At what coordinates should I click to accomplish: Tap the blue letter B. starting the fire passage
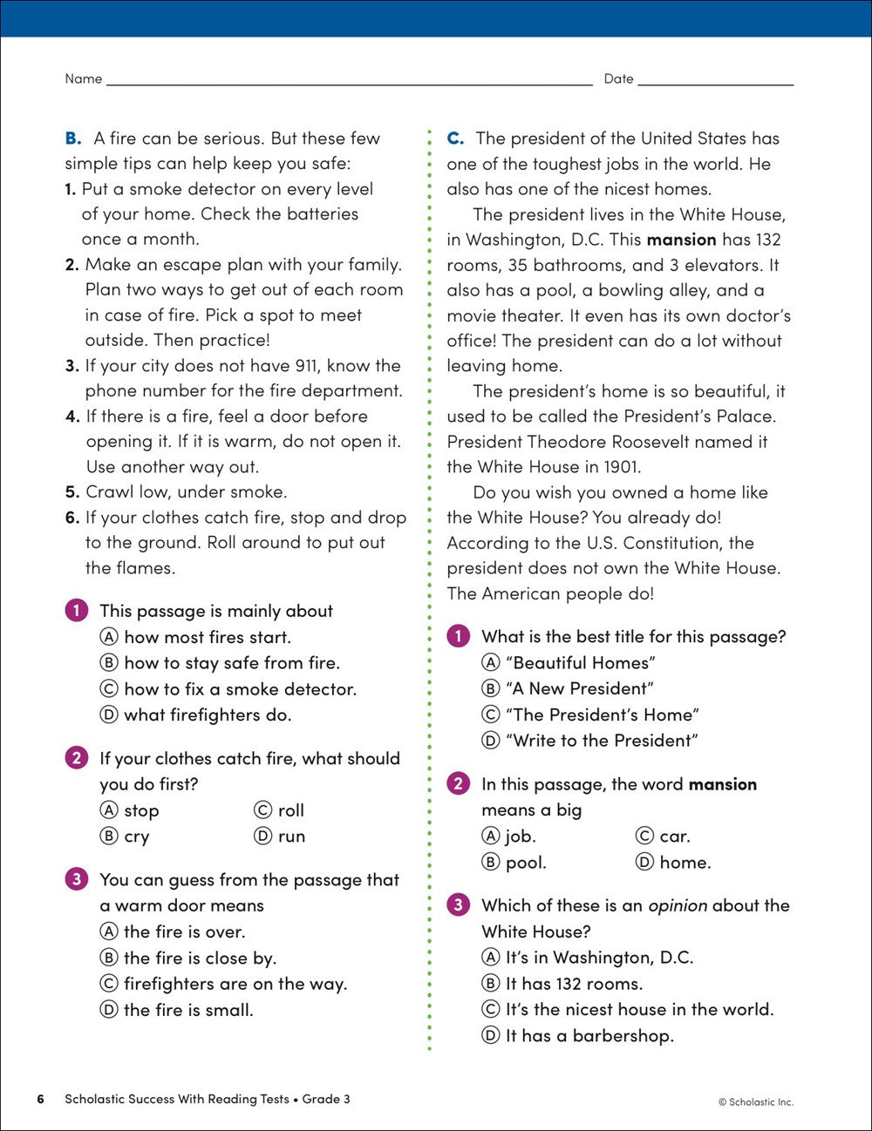[x=73, y=139]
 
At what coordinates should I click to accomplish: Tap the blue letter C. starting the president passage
[x=455, y=139]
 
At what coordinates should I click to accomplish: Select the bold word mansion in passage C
[x=681, y=240]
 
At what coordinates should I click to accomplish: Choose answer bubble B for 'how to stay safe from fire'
[x=109, y=663]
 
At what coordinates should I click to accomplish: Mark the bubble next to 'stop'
[x=109, y=810]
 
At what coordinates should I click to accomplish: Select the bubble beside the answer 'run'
[x=262, y=836]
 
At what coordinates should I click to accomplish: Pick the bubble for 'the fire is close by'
[x=109, y=958]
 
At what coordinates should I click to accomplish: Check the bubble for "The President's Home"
[x=491, y=714]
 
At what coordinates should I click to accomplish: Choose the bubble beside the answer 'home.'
[x=644, y=863]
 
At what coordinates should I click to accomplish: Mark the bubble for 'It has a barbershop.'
[x=491, y=1036]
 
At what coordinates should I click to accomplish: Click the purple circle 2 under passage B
[x=76, y=758]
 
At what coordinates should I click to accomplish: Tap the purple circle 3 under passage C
[x=458, y=905]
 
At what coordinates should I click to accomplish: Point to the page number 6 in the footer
[x=40, y=1100]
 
